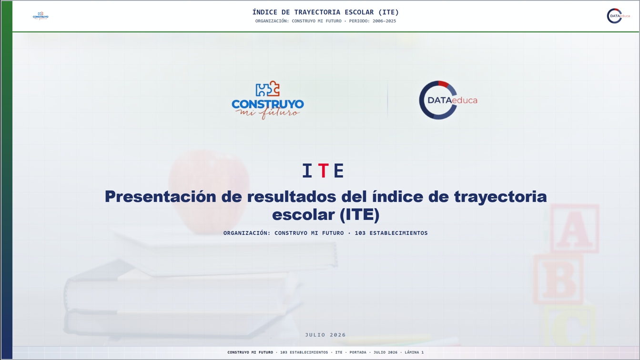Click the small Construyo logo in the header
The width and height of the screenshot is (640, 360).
pos(41,16)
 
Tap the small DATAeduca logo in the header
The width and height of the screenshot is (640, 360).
pos(618,16)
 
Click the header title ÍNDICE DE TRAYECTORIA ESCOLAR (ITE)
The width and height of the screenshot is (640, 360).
pos(325,12)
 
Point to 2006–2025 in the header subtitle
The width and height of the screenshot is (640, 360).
pos(384,21)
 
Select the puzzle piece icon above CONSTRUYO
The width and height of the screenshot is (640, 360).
pos(268,89)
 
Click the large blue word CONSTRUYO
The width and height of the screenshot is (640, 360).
pos(268,104)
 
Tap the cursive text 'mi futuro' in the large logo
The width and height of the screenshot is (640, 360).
pos(267,113)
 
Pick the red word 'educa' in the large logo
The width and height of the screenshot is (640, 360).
pos(465,100)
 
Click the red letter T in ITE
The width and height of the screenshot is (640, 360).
pos(323,171)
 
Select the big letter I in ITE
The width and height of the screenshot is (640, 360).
pos(307,171)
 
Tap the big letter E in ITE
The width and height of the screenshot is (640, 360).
pos(338,171)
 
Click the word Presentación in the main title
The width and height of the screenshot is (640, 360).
pos(160,197)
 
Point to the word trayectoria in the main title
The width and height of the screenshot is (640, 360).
pos(500,197)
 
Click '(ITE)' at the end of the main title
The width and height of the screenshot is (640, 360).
pos(359,215)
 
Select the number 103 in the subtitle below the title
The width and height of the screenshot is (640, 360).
pos(360,233)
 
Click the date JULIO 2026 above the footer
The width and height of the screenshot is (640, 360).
pos(325,335)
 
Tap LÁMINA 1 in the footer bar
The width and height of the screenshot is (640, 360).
pos(414,352)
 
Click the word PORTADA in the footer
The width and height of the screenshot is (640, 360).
pos(358,352)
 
